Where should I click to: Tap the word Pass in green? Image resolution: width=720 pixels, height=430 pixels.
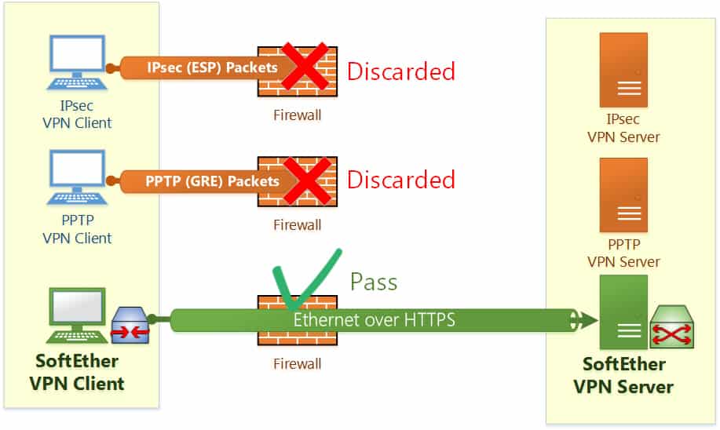pyautogui.click(x=374, y=282)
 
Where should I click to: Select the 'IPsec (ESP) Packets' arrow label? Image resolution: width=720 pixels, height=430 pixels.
pyautogui.click(x=212, y=67)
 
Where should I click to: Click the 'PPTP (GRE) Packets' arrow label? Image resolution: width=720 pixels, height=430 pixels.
pyautogui.click(x=212, y=181)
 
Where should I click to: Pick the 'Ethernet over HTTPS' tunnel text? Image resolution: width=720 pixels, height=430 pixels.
pyautogui.click(x=374, y=320)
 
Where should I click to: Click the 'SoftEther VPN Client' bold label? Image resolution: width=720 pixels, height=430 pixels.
pyautogui.click(x=76, y=374)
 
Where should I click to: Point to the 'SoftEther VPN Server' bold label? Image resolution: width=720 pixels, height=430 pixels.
pyautogui.click(x=623, y=376)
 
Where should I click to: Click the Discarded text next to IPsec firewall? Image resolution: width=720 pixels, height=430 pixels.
pyautogui.click(x=400, y=71)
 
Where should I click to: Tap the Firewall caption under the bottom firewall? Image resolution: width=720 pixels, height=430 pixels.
pyautogui.click(x=297, y=364)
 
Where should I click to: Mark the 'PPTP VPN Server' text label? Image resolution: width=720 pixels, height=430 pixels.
pyautogui.click(x=623, y=253)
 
